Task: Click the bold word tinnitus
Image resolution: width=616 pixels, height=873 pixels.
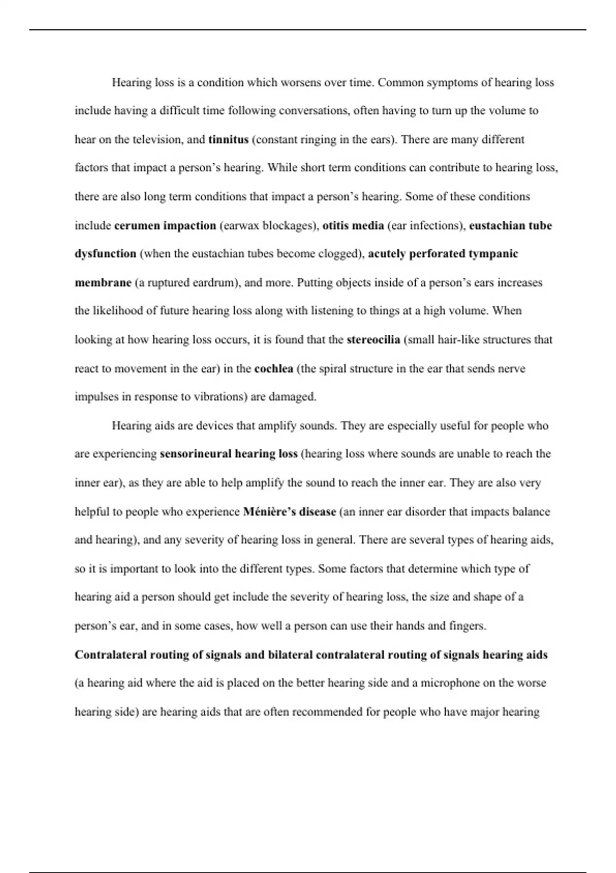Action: coord(228,140)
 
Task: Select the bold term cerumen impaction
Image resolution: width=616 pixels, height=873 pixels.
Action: coord(165,226)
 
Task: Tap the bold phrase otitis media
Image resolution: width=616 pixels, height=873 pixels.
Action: coord(353,225)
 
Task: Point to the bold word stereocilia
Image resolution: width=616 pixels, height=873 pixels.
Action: coord(373,340)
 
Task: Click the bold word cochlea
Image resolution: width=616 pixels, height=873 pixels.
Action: coord(274,369)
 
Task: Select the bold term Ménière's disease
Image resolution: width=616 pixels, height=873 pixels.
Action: coord(290,512)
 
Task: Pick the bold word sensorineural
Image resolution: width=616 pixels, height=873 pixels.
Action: coord(196,454)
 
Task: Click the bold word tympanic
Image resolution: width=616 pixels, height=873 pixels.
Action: coord(493,254)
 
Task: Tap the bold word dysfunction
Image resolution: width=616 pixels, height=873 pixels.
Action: coord(105,254)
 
